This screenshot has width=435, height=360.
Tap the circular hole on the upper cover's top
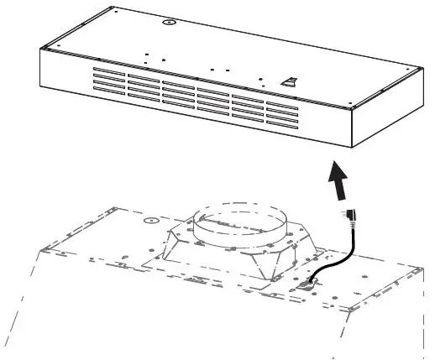click(170, 23)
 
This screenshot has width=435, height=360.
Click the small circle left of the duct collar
click(151, 221)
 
